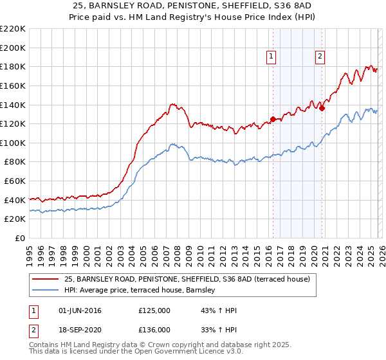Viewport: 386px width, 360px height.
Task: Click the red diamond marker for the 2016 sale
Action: point(273,119)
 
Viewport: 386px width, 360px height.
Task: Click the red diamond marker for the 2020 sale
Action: point(322,108)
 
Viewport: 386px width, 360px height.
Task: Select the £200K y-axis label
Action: point(14,48)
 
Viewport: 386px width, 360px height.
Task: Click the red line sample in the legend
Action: point(46,279)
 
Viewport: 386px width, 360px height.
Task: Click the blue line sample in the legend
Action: point(46,291)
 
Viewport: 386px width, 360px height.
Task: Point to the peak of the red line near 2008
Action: point(172,103)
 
